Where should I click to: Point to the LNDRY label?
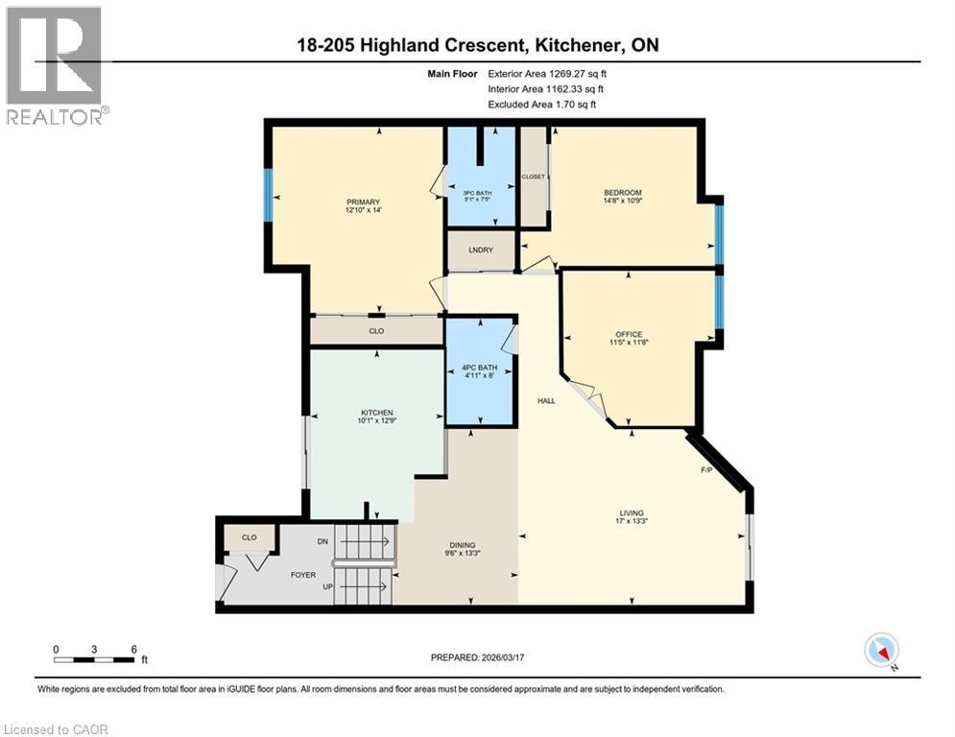tap(481, 250)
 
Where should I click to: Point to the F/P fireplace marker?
tap(705, 471)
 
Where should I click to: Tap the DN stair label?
tap(322, 541)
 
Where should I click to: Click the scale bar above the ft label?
tap(94, 659)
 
